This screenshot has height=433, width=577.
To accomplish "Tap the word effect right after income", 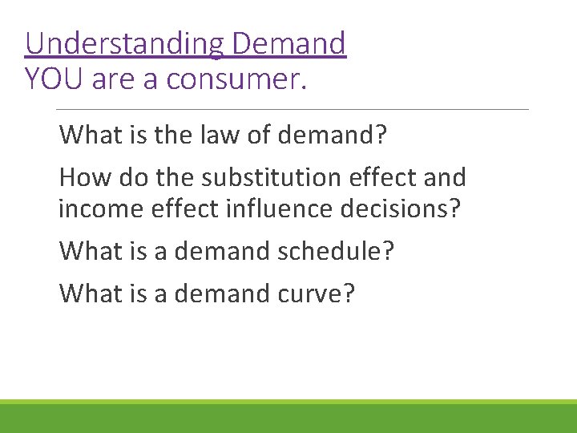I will tap(177, 209).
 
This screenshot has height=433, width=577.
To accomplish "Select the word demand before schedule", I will tap(214, 252).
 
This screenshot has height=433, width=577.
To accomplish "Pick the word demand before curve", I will tap(214, 293).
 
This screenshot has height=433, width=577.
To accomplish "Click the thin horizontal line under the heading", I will tap(293, 109).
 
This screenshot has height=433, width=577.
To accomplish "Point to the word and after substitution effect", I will tap(440, 177).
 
